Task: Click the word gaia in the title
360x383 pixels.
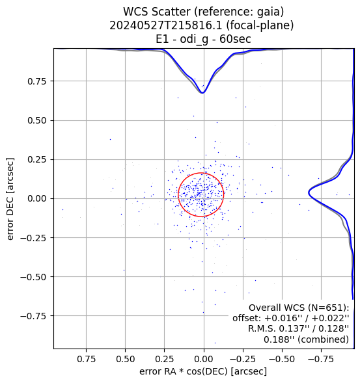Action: coord(268,12)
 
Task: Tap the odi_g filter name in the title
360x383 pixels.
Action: coord(195,39)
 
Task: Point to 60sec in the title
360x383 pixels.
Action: coord(235,39)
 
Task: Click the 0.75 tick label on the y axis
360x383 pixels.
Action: coord(37,81)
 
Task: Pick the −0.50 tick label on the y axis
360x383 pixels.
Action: coord(33,277)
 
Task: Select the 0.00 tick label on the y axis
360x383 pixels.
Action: coord(37,198)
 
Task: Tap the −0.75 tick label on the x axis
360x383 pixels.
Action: coord(321,359)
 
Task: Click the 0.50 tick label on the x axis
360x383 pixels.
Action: coord(126,359)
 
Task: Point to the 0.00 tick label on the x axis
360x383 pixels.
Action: coord(204,359)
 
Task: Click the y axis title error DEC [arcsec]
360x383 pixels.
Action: coord(10,199)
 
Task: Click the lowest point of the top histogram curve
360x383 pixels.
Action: coord(202,93)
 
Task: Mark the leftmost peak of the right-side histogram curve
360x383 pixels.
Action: coord(309,192)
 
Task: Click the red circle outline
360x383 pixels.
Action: coord(223,194)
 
